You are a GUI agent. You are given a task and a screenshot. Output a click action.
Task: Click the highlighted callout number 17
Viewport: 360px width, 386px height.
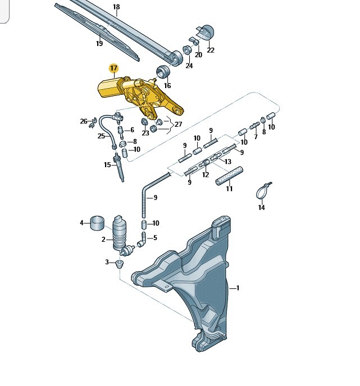pyautogui.click(x=113, y=68)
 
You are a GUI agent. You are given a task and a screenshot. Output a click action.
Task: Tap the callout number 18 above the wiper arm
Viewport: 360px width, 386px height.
pyautogui.click(x=116, y=7)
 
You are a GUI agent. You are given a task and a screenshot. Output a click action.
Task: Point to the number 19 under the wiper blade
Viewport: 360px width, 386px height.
pyautogui.click(x=99, y=44)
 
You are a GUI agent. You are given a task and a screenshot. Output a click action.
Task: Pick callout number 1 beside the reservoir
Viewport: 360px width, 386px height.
pyautogui.click(x=238, y=288)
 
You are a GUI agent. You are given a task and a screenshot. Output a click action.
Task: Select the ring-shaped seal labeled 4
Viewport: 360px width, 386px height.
pyautogui.click(x=97, y=223)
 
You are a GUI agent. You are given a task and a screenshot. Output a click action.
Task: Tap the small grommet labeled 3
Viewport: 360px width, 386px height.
pyautogui.click(x=120, y=264)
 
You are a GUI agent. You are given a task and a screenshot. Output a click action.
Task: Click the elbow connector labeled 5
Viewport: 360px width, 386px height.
pyautogui.click(x=142, y=240)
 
